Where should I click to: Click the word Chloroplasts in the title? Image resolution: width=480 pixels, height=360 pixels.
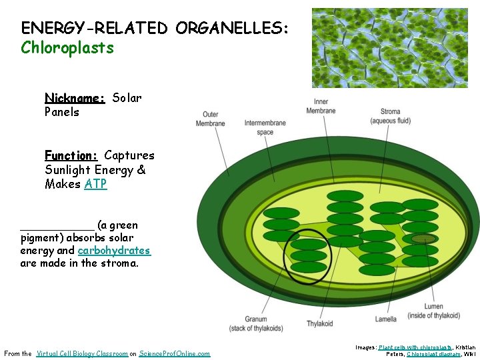[x=67, y=48]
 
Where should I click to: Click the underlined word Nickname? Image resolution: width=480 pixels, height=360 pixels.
[x=75, y=98]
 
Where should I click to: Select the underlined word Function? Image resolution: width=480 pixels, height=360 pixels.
[x=71, y=155]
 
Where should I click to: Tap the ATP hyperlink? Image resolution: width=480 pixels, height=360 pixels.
[x=95, y=184]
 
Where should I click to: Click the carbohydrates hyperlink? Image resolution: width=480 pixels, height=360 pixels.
[x=114, y=251]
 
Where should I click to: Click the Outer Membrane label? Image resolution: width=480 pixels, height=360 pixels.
[x=211, y=119]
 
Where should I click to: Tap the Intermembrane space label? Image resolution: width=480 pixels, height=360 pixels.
[x=265, y=127]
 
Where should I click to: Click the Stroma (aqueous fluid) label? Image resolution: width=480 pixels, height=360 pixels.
[x=390, y=116]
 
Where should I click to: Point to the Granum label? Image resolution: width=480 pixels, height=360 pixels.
[x=255, y=323]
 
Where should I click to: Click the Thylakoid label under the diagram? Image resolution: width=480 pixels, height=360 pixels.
[x=319, y=323]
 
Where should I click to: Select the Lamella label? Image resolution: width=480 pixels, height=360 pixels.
[x=385, y=319]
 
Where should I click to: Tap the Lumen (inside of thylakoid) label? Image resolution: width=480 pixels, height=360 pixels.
[x=433, y=311]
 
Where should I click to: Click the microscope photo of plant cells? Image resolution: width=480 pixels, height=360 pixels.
[x=389, y=48]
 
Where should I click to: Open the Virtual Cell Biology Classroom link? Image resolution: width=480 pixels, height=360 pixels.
[x=82, y=353]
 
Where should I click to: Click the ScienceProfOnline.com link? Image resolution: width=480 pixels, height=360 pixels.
[x=175, y=353]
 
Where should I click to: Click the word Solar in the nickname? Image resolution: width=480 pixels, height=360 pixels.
[x=127, y=98]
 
